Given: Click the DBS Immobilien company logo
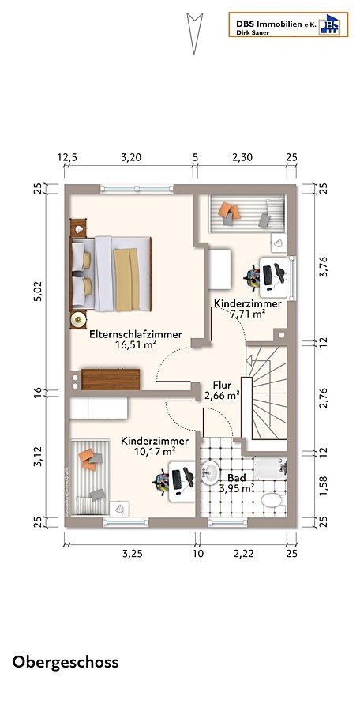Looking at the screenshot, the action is coord(288,24).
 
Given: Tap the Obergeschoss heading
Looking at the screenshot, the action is coord(66,662).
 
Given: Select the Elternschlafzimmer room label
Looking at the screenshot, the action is coord(136,334).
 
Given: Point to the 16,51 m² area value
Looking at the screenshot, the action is coord(136,344).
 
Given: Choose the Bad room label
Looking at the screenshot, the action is coord(236,478).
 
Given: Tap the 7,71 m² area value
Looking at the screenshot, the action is coord(248,314).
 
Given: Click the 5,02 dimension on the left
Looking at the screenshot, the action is coord(39,291).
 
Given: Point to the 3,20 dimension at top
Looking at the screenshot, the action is coord(131,157).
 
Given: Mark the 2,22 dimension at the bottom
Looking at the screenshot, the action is coord(243,554).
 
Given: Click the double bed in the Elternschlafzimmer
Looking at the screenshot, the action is coord(111,273).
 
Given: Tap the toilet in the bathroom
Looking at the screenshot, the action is coord(273,502).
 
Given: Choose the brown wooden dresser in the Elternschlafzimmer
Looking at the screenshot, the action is coord(111,379).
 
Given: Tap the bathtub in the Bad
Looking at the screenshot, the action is coord(270,468).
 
